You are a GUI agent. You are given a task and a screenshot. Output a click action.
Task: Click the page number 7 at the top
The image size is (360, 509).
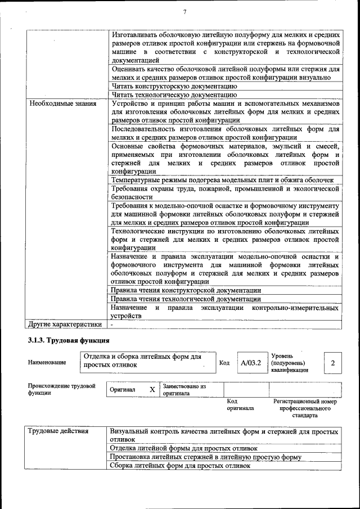(x=184, y=12)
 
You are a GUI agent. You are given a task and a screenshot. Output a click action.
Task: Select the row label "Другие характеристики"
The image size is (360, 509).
(x=65, y=325)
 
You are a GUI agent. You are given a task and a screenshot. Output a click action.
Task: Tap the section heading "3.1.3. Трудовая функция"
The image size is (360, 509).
(x=68, y=341)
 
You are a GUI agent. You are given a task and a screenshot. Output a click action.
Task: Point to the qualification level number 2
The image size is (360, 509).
(x=332, y=363)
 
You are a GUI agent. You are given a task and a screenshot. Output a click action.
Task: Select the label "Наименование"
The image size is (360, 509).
(x=47, y=363)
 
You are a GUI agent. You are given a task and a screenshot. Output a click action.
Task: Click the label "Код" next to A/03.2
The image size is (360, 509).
(x=224, y=363)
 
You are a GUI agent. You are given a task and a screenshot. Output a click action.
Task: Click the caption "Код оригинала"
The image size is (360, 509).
(x=240, y=405)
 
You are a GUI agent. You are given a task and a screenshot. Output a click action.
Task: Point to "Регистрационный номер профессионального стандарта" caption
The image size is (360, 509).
(x=305, y=408)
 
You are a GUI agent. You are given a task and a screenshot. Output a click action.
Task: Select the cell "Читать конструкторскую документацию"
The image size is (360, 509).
(x=173, y=87)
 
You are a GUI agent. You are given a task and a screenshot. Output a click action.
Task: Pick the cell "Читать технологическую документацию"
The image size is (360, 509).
(x=173, y=95)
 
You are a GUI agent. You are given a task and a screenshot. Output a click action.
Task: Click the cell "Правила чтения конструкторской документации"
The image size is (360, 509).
(x=186, y=290)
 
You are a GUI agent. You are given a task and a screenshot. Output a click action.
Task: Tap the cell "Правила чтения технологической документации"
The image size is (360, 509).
(x=186, y=299)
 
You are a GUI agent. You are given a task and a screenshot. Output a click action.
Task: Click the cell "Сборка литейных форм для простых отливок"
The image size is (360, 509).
(x=179, y=466)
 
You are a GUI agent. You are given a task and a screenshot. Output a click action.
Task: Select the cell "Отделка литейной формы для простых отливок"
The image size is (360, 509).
(x=183, y=448)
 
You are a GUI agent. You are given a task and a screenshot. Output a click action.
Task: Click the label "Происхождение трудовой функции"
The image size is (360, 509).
(x=61, y=390)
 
